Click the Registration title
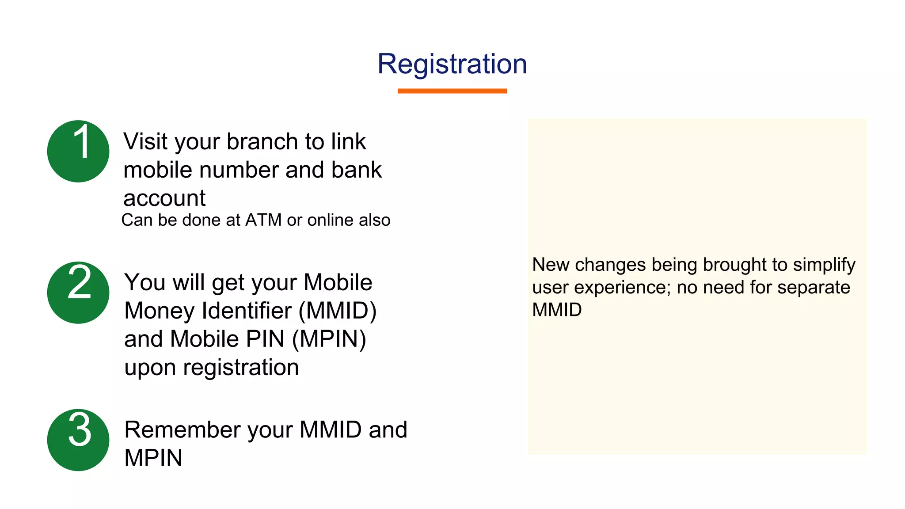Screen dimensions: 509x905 tap(452, 64)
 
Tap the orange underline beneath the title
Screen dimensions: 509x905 tap(452, 91)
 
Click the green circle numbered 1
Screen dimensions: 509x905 tap(78, 151)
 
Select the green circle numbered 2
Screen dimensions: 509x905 tap(78, 292)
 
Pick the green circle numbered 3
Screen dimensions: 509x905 tap(78, 440)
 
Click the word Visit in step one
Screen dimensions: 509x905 tap(145, 142)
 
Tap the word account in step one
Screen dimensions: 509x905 tap(164, 198)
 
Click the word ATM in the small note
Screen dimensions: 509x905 tap(263, 220)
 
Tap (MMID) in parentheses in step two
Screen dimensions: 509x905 tap(338, 311)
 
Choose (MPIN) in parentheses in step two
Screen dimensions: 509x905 tap(329, 339)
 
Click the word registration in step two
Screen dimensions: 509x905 tap(241, 368)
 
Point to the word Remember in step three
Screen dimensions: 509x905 tap(183, 429)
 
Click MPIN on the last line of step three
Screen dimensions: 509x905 tap(153, 458)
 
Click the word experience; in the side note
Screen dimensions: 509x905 tap(623, 288)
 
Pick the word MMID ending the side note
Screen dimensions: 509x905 tap(557, 310)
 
